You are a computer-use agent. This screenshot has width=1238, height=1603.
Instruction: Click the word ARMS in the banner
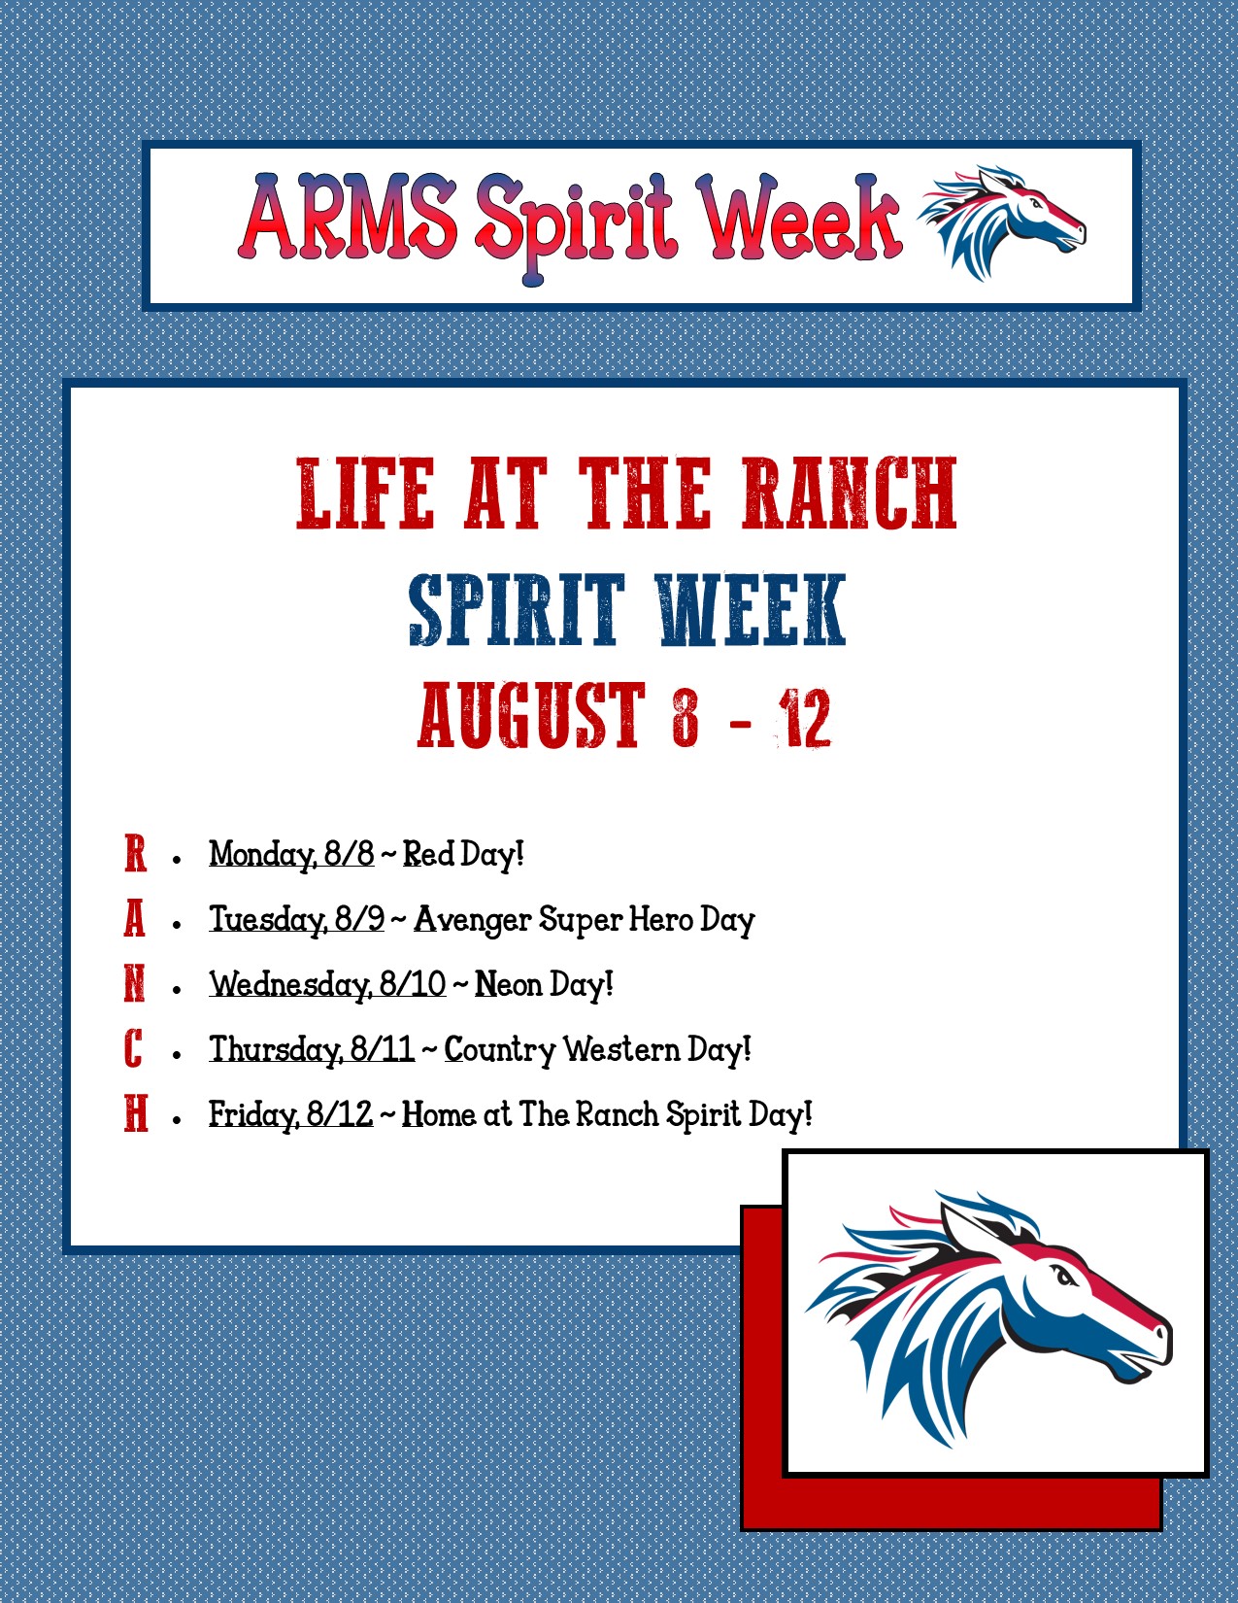tap(348, 219)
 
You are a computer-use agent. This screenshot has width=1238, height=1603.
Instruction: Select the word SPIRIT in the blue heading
tap(516, 610)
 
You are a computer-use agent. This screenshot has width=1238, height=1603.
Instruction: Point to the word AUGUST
tap(531, 716)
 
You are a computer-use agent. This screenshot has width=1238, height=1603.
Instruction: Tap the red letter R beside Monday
tap(135, 854)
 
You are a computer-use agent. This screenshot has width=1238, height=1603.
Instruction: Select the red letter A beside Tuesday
tap(135, 919)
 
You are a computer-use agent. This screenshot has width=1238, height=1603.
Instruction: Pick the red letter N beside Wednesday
tap(135, 984)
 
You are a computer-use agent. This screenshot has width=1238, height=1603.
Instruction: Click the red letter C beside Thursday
tap(134, 1049)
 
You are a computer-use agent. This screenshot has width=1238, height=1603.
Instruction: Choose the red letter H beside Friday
tap(136, 1114)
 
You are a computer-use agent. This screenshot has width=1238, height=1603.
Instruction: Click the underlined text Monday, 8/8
tap(291, 854)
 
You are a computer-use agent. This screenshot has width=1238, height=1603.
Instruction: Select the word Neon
tap(508, 984)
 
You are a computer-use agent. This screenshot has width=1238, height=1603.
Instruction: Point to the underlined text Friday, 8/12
tap(290, 1114)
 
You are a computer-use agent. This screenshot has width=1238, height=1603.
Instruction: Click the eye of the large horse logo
tap(1066, 1276)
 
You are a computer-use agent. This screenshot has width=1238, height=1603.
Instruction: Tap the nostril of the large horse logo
tap(1158, 1332)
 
